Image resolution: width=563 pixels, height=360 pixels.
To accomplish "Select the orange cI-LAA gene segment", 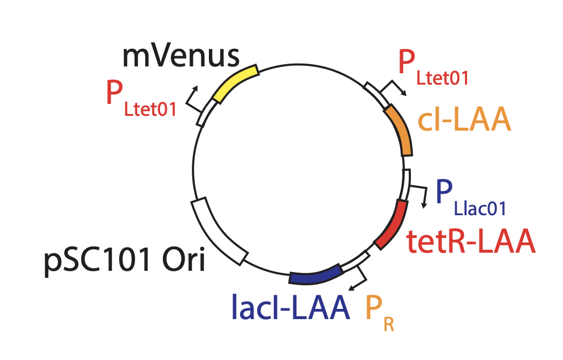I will point(401,130).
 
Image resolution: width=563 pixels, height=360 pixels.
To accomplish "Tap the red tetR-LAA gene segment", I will point(393,224).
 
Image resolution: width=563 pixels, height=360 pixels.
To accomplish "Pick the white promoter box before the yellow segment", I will point(205,112).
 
